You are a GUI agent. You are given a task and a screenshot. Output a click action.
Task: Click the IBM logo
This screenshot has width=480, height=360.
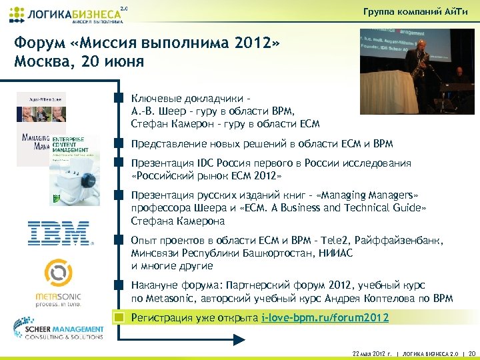pyautogui.click(x=58, y=234)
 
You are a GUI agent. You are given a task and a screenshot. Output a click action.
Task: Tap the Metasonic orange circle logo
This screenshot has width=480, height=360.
pyautogui.click(x=57, y=274)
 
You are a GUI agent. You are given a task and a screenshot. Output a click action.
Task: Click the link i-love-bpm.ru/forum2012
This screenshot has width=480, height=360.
pyautogui.click(x=325, y=317)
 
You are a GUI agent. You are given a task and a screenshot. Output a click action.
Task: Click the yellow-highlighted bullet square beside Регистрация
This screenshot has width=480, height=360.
pyautogui.click(x=119, y=317)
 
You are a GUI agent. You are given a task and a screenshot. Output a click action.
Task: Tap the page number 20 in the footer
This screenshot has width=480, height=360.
pyautogui.click(x=472, y=353)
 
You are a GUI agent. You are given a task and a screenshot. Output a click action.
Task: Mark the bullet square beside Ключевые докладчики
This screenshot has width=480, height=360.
pyautogui.click(x=119, y=98)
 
